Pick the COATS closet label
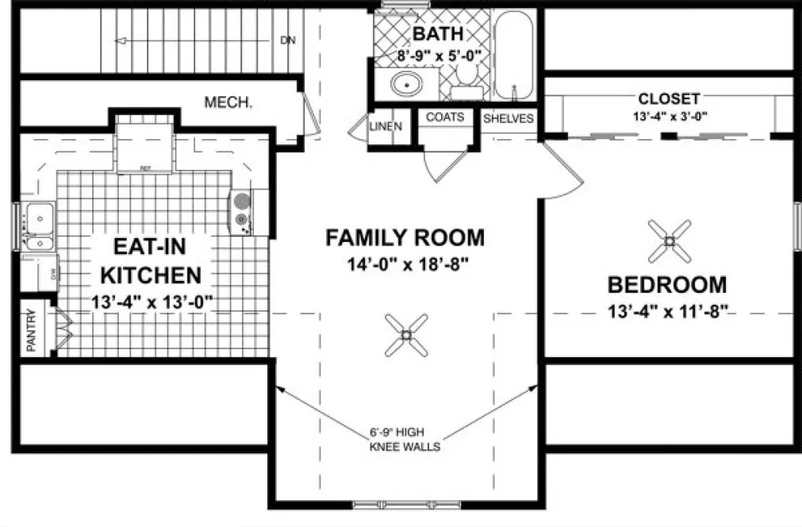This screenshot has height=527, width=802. point(445,117)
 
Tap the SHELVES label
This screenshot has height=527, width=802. point(508,119)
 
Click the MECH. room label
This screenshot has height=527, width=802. point(228,102)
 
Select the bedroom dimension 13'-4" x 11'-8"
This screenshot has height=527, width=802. point(667,311)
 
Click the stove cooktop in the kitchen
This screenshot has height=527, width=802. point(241,212)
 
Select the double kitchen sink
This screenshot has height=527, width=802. point(36,226)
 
